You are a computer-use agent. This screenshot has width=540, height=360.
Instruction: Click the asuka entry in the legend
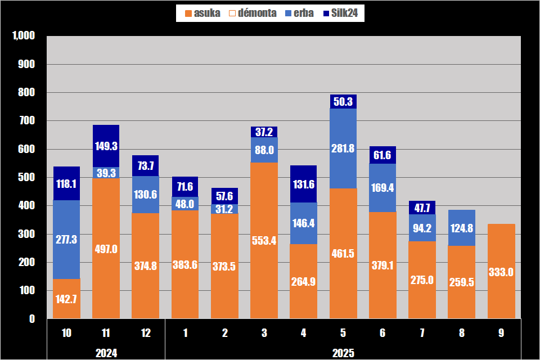(x=202, y=13)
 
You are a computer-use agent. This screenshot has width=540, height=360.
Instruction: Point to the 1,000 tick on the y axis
(x=24, y=36)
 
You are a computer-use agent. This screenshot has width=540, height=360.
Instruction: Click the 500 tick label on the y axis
(x=27, y=178)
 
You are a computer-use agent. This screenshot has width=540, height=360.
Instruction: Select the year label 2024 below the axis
(x=106, y=353)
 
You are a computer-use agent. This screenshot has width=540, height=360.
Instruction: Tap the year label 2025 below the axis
(x=343, y=353)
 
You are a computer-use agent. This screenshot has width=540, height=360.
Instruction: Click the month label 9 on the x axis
(x=501, y=333)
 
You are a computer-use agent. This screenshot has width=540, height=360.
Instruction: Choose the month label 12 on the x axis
(x=145, y=333)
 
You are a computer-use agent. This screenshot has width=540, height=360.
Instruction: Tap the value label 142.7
(x=66, y=298)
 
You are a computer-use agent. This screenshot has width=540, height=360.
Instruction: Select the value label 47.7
(x=422, y=208)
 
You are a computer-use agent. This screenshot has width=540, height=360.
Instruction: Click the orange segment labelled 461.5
(x=343, y=281)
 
